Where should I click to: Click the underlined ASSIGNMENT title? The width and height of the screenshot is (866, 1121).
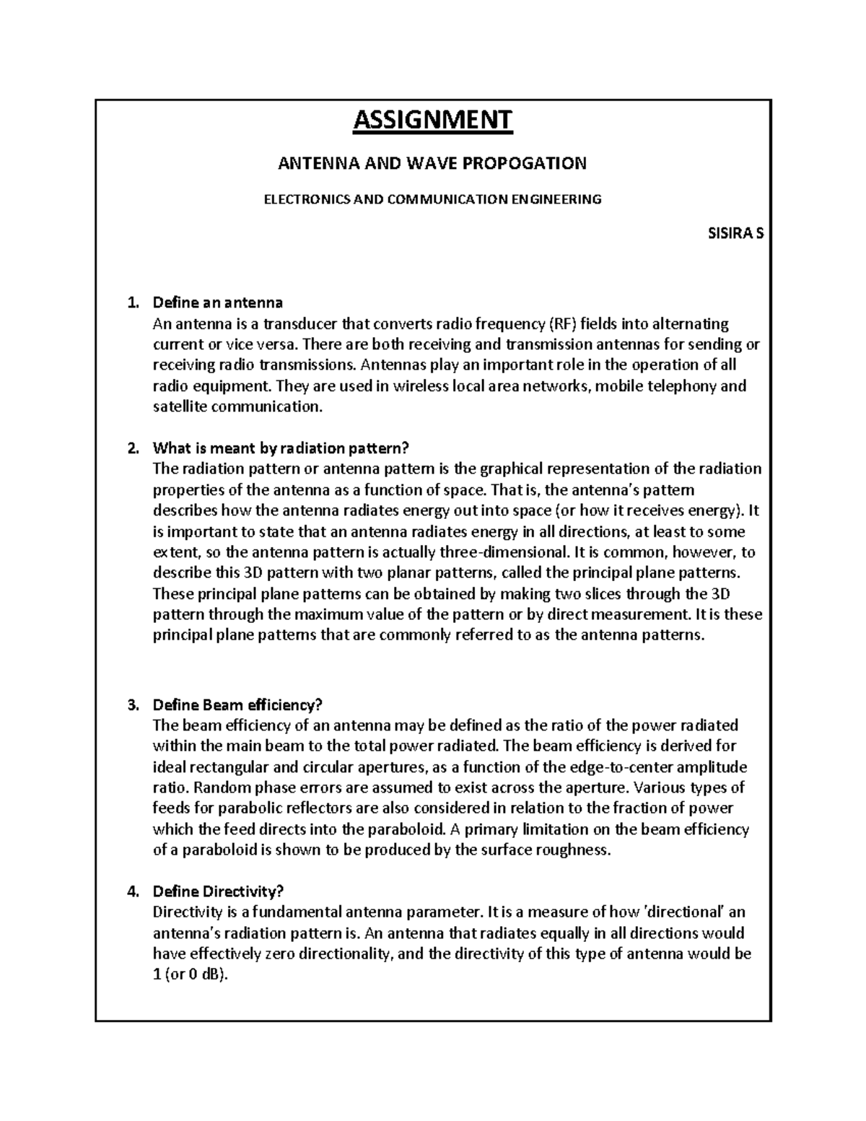click(x=432, y=120)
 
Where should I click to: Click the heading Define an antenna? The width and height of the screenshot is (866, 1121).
click(x=217, y=302)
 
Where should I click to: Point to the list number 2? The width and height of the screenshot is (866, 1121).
click(x=131, y=448)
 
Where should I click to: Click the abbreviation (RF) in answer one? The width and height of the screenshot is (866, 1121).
click(x=564, y=323)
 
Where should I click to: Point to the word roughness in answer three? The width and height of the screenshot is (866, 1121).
click(x=574, y=850)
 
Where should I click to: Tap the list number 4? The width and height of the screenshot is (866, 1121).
click(x=131, y=892)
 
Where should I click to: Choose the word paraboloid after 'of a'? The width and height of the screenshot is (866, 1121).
click(x=220, y=850)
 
